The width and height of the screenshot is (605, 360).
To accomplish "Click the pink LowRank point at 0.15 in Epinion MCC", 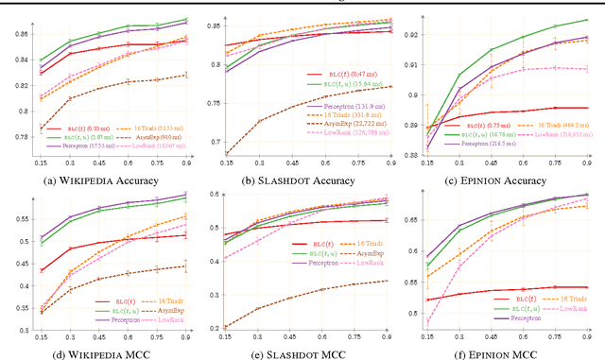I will pos(427,322).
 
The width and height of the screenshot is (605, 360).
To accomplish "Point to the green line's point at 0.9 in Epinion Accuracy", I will pos(587,20).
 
